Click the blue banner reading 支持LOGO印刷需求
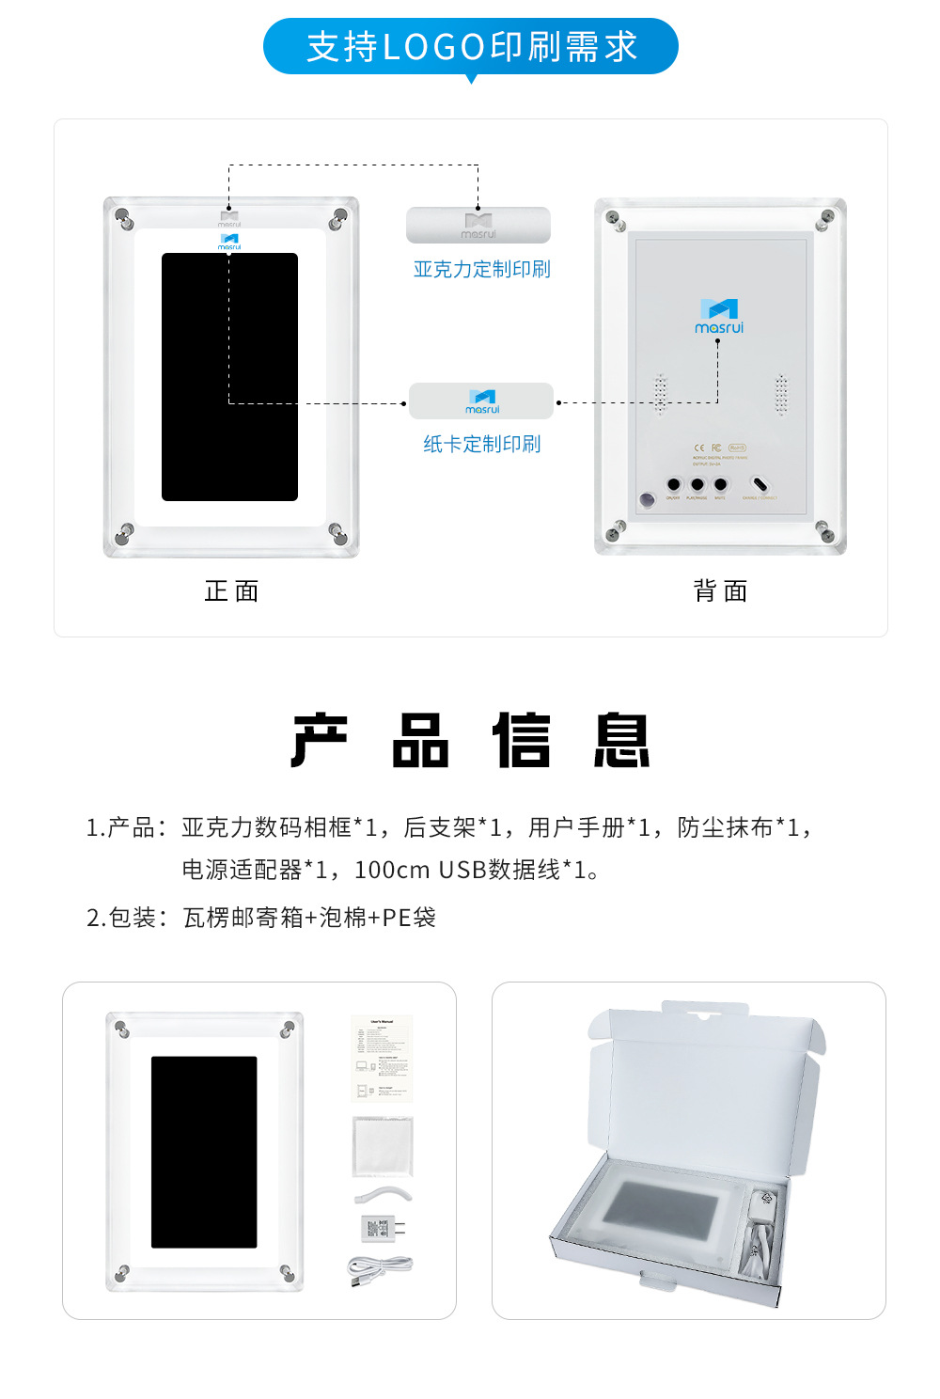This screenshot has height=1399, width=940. point(471,47)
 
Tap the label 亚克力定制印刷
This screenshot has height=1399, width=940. point(481,269)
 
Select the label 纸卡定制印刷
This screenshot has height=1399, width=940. point(481,444)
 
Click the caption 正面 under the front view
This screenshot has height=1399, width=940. point(231,590)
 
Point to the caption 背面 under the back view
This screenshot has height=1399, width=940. point(720,590)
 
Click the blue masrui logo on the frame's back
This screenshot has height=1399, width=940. point(719,316)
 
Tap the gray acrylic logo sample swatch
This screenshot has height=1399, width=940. point(478,226)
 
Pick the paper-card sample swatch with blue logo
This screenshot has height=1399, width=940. point(481,401)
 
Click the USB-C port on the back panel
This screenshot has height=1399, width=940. point(760,485)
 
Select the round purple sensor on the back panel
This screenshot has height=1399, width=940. point(647,499)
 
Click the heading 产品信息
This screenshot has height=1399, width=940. point(471,741)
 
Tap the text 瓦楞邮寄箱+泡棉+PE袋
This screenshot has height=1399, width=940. point(309,918)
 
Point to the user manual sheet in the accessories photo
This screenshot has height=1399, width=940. point(382,1058)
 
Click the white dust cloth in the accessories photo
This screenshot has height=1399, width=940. point(383,1146)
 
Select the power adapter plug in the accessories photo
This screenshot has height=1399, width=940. point(382,1228)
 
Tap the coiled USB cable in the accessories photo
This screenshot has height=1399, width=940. point(379,1270)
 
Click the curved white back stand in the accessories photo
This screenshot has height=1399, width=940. point(384,1194)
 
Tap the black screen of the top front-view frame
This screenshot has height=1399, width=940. point(229,376)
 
